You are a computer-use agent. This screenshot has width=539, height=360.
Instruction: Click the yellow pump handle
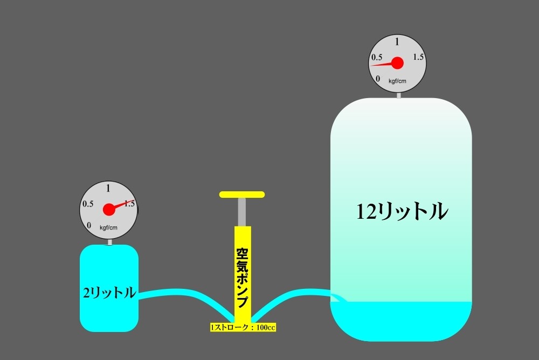[241, 194]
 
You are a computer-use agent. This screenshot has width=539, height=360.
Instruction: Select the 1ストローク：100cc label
[243, 327]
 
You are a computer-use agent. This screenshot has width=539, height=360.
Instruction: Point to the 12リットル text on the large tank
[402, 211]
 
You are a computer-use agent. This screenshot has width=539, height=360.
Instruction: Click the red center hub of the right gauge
[397, 63]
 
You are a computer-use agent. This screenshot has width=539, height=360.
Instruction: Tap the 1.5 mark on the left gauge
[129, 203]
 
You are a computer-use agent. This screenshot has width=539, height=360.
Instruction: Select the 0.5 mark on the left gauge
[88, 204]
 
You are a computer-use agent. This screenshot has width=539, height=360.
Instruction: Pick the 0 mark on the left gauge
[89, 225]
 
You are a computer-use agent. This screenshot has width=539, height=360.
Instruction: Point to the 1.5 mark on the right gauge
[418, 57]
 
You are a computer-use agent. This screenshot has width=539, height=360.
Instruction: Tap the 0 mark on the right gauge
[378, 79]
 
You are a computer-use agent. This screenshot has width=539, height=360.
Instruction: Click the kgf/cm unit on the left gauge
[108, 227]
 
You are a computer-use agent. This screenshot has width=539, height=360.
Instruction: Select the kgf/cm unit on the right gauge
[397, 81]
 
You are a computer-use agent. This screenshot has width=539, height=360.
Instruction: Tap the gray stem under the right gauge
[398, 95]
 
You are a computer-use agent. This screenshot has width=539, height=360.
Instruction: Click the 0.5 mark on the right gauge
[377, 57]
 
